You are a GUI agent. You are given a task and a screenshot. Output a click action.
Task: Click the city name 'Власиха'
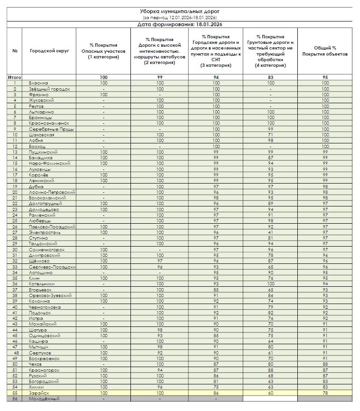(x=38, y=83)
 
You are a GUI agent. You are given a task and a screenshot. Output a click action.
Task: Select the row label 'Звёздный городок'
(x=50, y=89)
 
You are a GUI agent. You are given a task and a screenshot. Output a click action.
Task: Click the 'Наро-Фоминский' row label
(x=50, y=163)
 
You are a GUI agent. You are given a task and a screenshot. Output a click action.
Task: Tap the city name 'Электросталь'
(x=45, y=232)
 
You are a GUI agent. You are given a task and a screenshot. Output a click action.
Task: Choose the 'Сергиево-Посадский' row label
(x=51, y=267)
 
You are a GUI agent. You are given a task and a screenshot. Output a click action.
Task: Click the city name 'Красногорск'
(x=44, y=370)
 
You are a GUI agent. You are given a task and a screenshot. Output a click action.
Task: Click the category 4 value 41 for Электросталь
(x=270, y=232)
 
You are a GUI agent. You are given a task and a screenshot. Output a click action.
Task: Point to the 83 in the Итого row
(x=270, y=77)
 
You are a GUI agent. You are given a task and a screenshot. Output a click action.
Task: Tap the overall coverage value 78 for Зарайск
(x=325, y=393)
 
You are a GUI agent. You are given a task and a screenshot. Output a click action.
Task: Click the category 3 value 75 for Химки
(x=216, y=387)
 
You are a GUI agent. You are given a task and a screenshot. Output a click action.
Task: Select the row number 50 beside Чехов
(x=15, y=364)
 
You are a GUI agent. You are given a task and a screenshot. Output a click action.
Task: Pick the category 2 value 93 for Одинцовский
(x=160, y=335)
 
